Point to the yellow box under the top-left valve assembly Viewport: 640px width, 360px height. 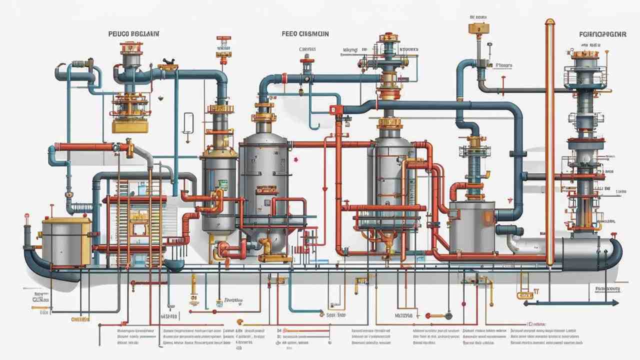click(x=130, y=126)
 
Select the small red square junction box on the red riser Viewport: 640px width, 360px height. click(x=333, y=110)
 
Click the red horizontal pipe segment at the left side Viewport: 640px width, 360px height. click(x=85, y=147)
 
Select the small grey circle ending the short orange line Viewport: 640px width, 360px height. click(x=448, y=315)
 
